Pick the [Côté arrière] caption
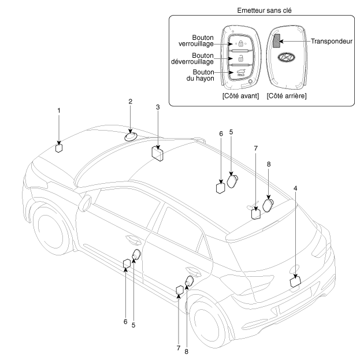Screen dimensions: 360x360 coord(287,96)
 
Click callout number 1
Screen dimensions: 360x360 coord(58,110)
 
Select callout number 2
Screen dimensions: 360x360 coord(131,102)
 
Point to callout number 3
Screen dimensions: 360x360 coord(157,107)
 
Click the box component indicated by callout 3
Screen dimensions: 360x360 coord(157,153)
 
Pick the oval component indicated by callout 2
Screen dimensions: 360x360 coord(131,136)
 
